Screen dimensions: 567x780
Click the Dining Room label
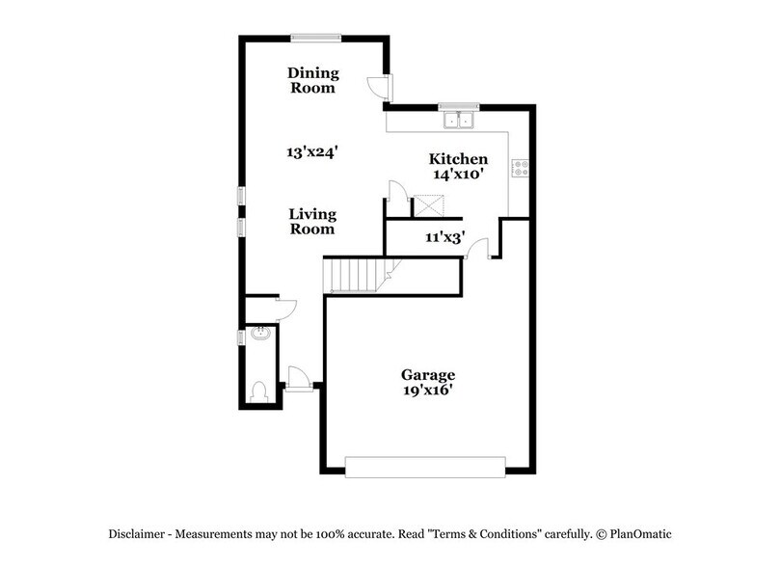pyautogui.click(x=312, y=80)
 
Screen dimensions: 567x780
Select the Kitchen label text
pyautogui.click(x=458, y=159)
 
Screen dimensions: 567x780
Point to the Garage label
pyautogui.click(x=428, y=374)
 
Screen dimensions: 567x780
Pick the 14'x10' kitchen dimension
pyautogui.click(x=457, y=175)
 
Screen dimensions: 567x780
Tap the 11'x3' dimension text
pyautogui.click(x=445, y=236)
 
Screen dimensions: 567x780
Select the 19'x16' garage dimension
pyautogui.click(x=428, y=391)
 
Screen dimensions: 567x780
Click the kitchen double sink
pyautogui.click(x=458, y=121)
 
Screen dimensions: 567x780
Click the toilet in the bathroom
pyautogui.click(x=257, y=391)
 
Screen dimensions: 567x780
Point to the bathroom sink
pyautogui.click(x=257, y=336)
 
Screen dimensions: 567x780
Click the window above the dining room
pyautogui.click(x=314, y=38)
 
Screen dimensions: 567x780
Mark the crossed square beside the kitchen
pyautogui.click(x=427, y=204)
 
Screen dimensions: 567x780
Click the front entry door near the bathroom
pyautogui.click(x=297, y=378)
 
